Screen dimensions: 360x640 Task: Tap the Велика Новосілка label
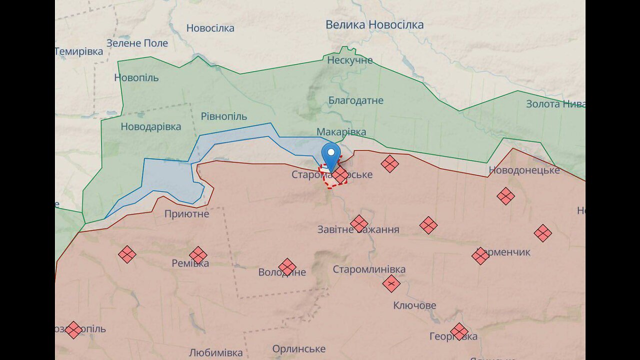[374, 24]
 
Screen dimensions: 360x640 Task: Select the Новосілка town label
[210, 28]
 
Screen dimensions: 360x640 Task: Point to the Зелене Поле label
[137, 43]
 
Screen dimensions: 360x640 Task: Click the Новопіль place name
[136, 77]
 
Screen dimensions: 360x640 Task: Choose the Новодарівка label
[151, 126]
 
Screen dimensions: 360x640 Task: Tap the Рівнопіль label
[224, 116]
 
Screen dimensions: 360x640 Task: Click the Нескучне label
[350, 60]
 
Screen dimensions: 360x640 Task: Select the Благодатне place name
[356, 100]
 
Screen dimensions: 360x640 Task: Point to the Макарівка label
[341, 132]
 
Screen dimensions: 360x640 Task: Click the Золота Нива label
[555, 104]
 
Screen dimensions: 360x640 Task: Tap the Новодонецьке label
[524, 170]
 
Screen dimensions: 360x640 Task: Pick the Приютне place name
[187, 214]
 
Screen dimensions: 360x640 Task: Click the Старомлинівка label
[369, 269]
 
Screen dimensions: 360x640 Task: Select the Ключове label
[414, 305]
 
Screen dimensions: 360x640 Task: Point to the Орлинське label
[298, 348]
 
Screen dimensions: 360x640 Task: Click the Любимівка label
[215, 352]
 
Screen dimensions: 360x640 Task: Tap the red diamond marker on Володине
[287, 267]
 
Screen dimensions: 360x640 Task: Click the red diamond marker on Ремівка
[198, 255]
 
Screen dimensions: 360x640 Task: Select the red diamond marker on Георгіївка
[459, 331]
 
